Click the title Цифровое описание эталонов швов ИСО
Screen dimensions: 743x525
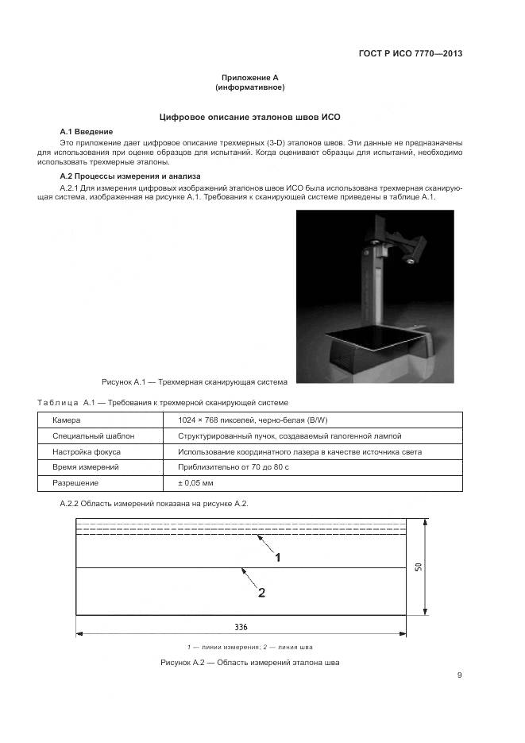(x=249, y=117)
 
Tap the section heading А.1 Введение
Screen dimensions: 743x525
(x=87, y=131)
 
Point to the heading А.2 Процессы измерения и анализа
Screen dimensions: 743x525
(x=130, y=176)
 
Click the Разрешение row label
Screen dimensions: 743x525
(x=75, y=483)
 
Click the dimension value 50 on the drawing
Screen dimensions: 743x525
(x=419, y=567)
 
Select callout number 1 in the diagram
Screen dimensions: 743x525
(x=278, y=558)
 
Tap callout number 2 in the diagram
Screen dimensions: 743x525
(x=261, y=592)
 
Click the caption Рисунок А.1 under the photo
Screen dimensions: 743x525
(x=195, y=381)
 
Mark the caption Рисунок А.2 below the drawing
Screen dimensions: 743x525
(x=249, y=663)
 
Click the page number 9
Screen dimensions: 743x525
(x=459, y=675)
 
